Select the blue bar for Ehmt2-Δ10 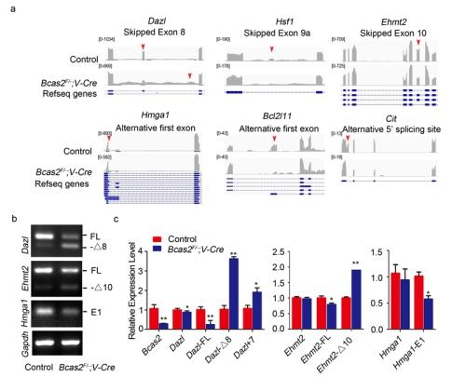coord(354,297)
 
